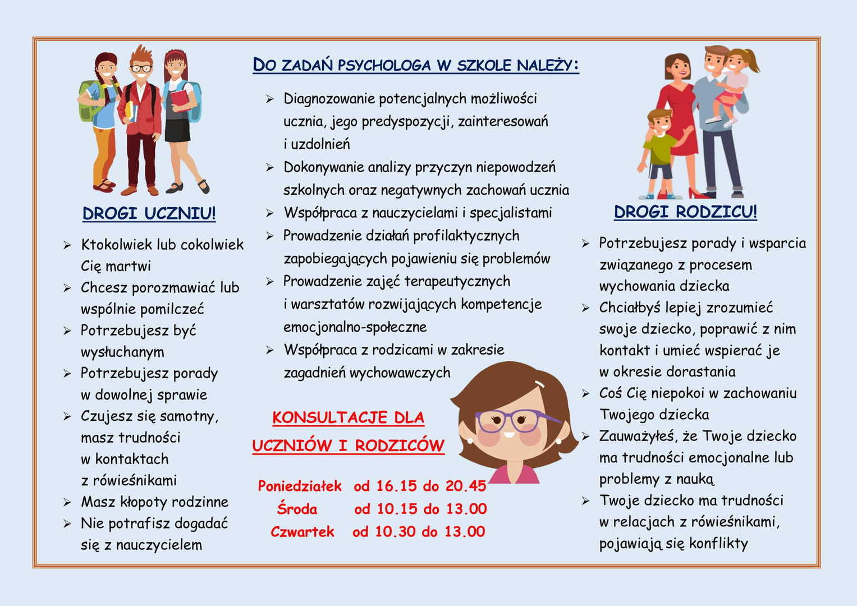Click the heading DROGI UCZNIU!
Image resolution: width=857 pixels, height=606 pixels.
pos(149,213)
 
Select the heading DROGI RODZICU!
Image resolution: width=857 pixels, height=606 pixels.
pos(685,212)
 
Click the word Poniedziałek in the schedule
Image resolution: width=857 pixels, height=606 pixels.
pos(300,486)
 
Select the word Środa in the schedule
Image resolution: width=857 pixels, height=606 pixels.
pos(297,509)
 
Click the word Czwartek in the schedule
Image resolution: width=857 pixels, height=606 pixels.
pos(302,531)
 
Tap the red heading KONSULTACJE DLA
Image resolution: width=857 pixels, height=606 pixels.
pos(348,417)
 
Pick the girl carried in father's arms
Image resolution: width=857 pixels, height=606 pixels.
pos(732,84)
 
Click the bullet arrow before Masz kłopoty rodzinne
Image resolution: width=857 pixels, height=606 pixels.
pos(67,502)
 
